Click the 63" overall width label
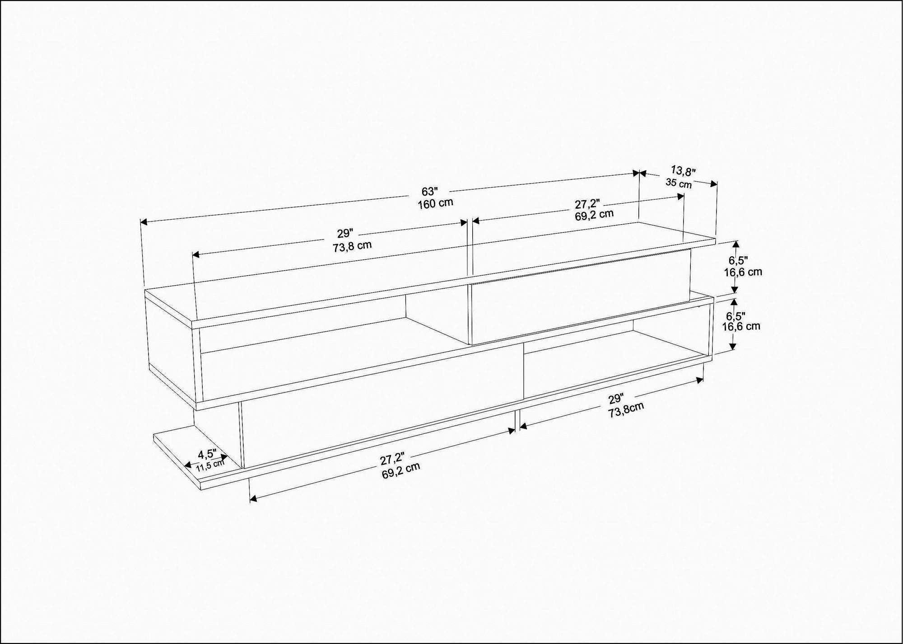click(429, 191)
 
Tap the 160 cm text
click(435, 203)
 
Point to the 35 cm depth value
click(679, 183)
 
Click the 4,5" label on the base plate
click(207, 453)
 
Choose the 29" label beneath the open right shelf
click(615, 399)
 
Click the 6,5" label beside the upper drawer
click(738, 260)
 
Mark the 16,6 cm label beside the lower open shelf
click(741, 326)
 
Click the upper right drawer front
click(580, 298)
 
